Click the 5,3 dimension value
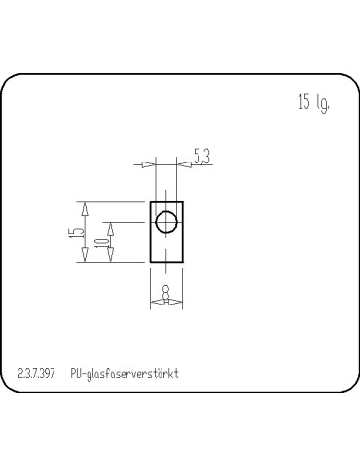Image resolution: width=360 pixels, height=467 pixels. [202, 156]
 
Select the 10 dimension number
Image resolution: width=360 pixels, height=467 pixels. [102, 241]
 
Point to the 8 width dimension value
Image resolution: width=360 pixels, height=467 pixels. [165, 292]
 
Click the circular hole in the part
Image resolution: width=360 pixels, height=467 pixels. [166, 222]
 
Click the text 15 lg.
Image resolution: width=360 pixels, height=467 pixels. [313, 103]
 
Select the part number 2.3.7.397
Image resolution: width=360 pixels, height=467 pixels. [36, 374]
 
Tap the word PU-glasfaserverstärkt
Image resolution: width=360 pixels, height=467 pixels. [125, 374]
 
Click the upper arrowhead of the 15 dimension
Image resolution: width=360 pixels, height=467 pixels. [85, 209]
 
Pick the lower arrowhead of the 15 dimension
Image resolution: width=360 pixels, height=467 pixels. [85, 255]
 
